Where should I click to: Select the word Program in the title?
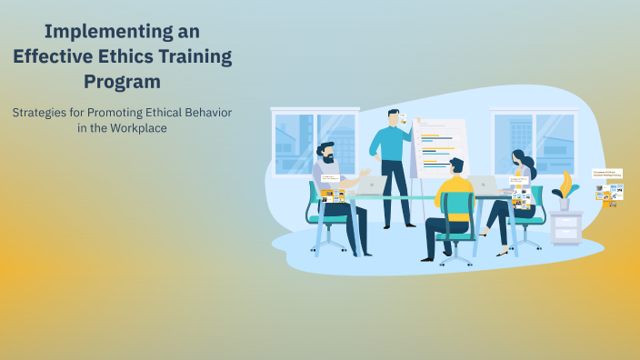point(122,81)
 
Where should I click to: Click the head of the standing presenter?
point(394,117)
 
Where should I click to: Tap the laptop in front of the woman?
point(486,185)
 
